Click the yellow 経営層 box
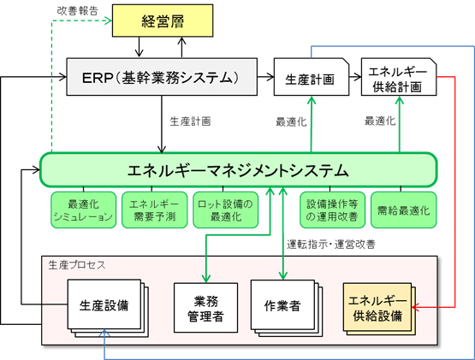tap(163, 21)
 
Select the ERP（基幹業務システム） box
tap(162, 77)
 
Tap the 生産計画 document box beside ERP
tap(312, 77)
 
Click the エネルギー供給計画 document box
tap(399, 77)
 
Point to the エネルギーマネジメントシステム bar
tap(239, 170)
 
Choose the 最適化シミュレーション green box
tap(83, 210)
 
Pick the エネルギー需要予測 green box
tap(155, 210)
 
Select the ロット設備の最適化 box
tap(226, 210)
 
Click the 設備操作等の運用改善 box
tap(332, 210)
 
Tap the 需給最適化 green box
tap(403, 210)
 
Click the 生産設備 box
tap(104, 304)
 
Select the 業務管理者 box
tap(205, 308)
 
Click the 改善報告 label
tap(78, 10)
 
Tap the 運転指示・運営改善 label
tap(331, 245)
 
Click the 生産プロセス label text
tap(77, 265)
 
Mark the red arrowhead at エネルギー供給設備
tap(415, 307)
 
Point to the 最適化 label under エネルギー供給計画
tap(380, 121)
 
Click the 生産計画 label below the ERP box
tap(190, 121)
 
